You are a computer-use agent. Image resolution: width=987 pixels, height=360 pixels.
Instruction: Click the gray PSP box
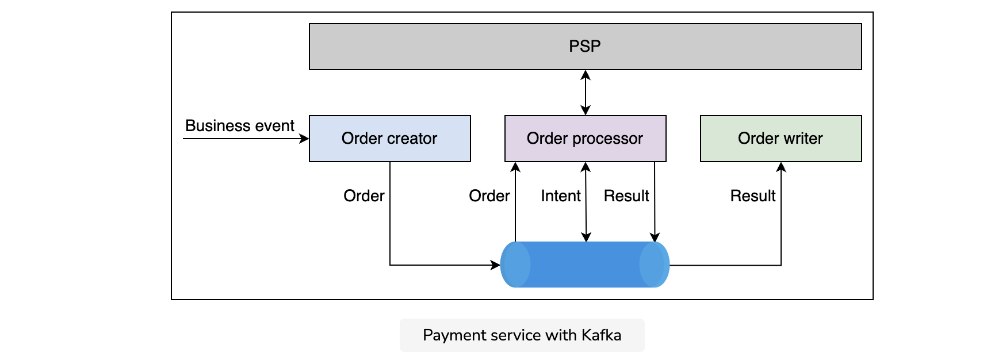[585, 47]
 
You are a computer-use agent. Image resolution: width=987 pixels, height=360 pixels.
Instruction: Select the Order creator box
[390, 139]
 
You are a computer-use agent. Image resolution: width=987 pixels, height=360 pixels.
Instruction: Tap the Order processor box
[585, 139]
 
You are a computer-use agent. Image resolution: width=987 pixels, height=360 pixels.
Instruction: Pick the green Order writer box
[781, 139]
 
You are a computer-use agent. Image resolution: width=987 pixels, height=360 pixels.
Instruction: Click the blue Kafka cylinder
[585, 265]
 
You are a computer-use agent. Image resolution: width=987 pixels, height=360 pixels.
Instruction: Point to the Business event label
[240, 126]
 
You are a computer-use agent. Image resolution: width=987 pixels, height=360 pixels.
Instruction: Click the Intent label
[561, 196]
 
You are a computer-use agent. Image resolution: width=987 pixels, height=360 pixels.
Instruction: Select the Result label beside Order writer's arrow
[753, 196]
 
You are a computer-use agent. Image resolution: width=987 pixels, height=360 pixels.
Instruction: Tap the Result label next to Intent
[626, 196]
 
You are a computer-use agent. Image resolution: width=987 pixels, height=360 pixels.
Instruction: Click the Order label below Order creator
[364, 196]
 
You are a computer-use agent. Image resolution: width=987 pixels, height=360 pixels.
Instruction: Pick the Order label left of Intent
[489, 196]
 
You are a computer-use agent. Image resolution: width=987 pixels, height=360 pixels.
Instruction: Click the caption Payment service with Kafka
[522, 335]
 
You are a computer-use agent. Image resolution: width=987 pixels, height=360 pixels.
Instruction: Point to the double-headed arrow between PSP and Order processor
[586, 93]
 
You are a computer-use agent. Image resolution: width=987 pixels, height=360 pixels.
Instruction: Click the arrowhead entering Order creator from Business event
[305, 139]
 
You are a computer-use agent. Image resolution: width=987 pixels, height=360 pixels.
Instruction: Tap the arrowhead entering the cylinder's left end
[495, 265]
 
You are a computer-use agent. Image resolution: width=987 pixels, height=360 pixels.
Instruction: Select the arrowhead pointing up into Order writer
[781, 167]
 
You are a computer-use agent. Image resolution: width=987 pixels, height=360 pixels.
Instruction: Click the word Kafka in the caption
[602, 335]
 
